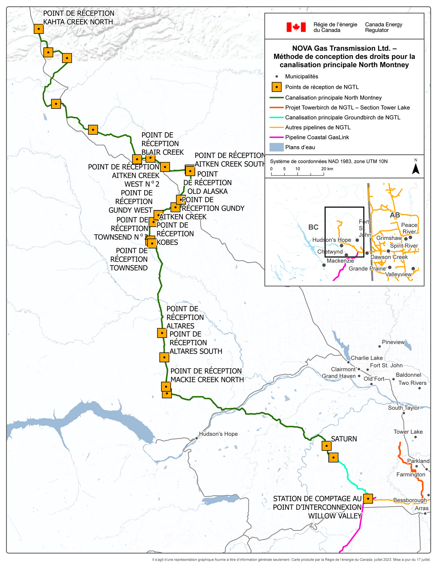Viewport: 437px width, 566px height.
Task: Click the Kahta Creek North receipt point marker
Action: pos(39,29)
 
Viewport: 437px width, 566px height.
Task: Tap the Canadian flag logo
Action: pos(296,27)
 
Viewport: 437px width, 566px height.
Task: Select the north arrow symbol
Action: pos(416,168)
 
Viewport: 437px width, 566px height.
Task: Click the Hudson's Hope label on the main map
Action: pos(218,434)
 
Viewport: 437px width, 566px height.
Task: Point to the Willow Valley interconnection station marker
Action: pos(368,498)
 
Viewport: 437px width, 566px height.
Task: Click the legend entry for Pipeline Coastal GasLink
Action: pos(317,137)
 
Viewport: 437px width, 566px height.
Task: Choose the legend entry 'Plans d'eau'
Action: pos(300,147)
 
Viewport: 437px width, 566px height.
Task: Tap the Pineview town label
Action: pos(393,342)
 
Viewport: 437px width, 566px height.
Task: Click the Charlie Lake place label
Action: pos(366,358)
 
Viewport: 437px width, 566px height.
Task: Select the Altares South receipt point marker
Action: pos(164,357)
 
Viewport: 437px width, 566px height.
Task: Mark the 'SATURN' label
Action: pos(344,439)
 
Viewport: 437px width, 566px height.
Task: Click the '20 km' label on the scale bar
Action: pos(327,169)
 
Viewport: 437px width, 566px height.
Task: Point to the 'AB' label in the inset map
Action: pos(395,215)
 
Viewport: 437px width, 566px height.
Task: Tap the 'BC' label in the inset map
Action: pos(313,227)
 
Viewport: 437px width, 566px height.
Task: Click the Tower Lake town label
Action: pos(408,432)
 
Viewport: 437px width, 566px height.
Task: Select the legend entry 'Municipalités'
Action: pos(301,77)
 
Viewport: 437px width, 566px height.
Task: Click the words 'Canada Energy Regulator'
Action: pos(383,27)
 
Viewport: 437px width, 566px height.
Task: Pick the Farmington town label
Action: pos(410,475)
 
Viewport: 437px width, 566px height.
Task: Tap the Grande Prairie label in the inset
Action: pos(367,269)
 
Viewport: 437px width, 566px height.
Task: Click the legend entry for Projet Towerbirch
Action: pos(347,108)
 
